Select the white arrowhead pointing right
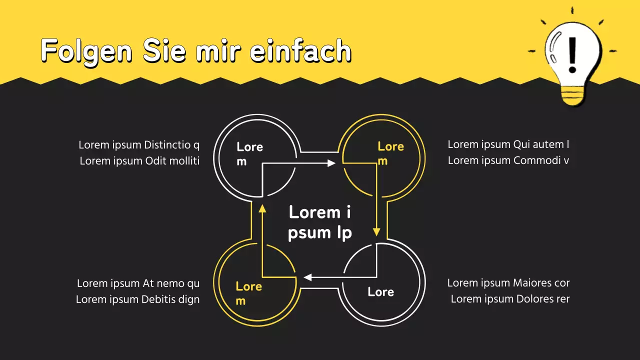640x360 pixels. (331, 163)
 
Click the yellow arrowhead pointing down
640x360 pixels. (376, 231)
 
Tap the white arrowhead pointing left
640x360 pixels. (308, 277)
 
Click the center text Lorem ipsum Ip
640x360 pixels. (320, 222)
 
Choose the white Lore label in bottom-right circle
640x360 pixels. (380, 292)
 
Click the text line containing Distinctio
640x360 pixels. (138, 145)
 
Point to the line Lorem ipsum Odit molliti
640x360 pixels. (139, 161)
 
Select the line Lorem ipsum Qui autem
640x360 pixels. (508, 144)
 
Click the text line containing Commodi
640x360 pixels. (508, 160)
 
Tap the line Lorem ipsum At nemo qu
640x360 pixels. (138, 283)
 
